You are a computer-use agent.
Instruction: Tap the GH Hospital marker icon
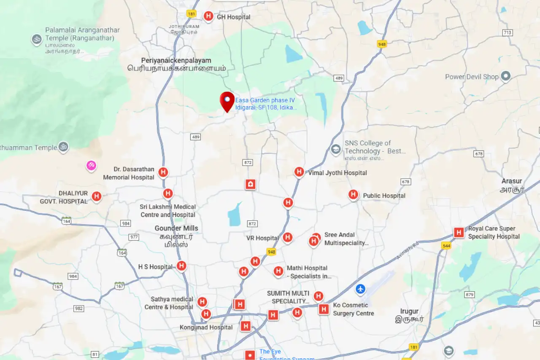208,16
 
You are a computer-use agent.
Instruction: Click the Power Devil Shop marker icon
505,76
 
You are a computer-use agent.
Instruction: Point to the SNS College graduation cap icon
336,150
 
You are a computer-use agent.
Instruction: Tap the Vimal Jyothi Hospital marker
299,172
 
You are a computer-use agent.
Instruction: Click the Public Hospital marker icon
353,194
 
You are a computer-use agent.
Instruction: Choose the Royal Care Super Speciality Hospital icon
459,232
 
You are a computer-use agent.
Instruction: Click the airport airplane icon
360,289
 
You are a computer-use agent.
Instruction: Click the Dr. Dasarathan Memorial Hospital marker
163,172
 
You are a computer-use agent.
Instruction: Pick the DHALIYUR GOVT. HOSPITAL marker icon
97,196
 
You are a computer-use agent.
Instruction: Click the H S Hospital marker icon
181,266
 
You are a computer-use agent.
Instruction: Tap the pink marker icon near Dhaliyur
91,166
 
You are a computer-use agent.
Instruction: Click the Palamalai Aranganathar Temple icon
37,39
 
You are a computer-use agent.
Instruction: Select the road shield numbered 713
507,33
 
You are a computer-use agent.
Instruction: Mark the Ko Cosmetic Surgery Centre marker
324,309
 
